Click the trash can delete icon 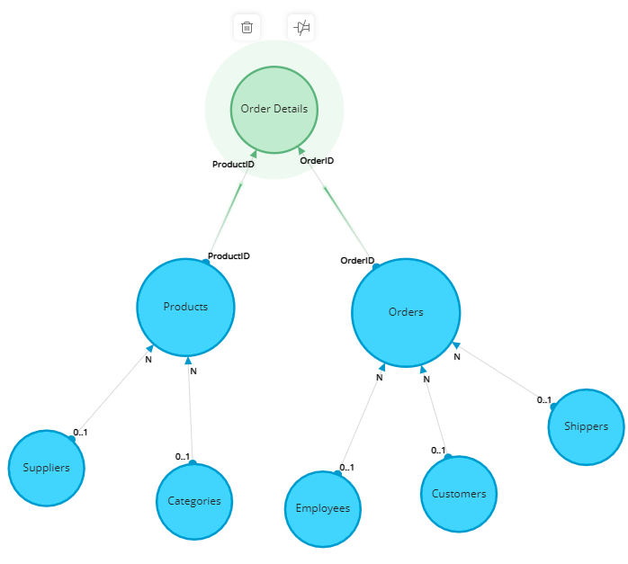[247, 27]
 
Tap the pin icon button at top [301, 27]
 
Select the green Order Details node [274, 110]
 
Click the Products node [185, 307]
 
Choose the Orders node [406, 312]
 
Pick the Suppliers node [47, 468]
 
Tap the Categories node [194, 501]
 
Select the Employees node [323, 509]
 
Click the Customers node [459, 494]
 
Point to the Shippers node [586, 426]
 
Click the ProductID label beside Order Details [233, 165]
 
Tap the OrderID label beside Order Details [317, 160]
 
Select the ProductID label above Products [229, 256]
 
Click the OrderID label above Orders [357, 261]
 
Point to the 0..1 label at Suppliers [80, 433]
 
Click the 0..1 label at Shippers [544, 400]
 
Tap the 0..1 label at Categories [183, 457]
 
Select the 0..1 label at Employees [346, 468]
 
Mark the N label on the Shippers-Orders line [457, 356]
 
